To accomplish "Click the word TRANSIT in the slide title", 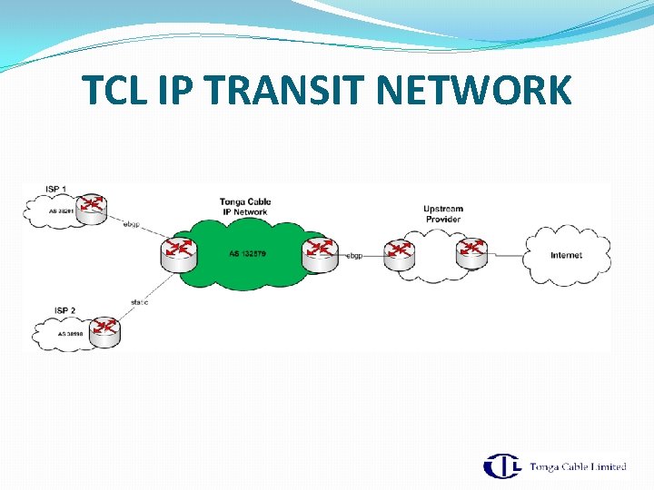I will [x=257, y=91].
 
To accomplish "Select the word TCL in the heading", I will [x=114, y=91].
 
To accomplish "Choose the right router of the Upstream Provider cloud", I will [x=472, y=252].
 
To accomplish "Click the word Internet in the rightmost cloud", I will [x=566, y=255].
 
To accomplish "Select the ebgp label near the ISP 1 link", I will [x=132, y=223].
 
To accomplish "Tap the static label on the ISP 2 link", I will [x=139, y=301].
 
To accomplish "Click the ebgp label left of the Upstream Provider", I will [x=354, y=256].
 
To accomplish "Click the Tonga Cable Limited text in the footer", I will [x=578, y=466].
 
